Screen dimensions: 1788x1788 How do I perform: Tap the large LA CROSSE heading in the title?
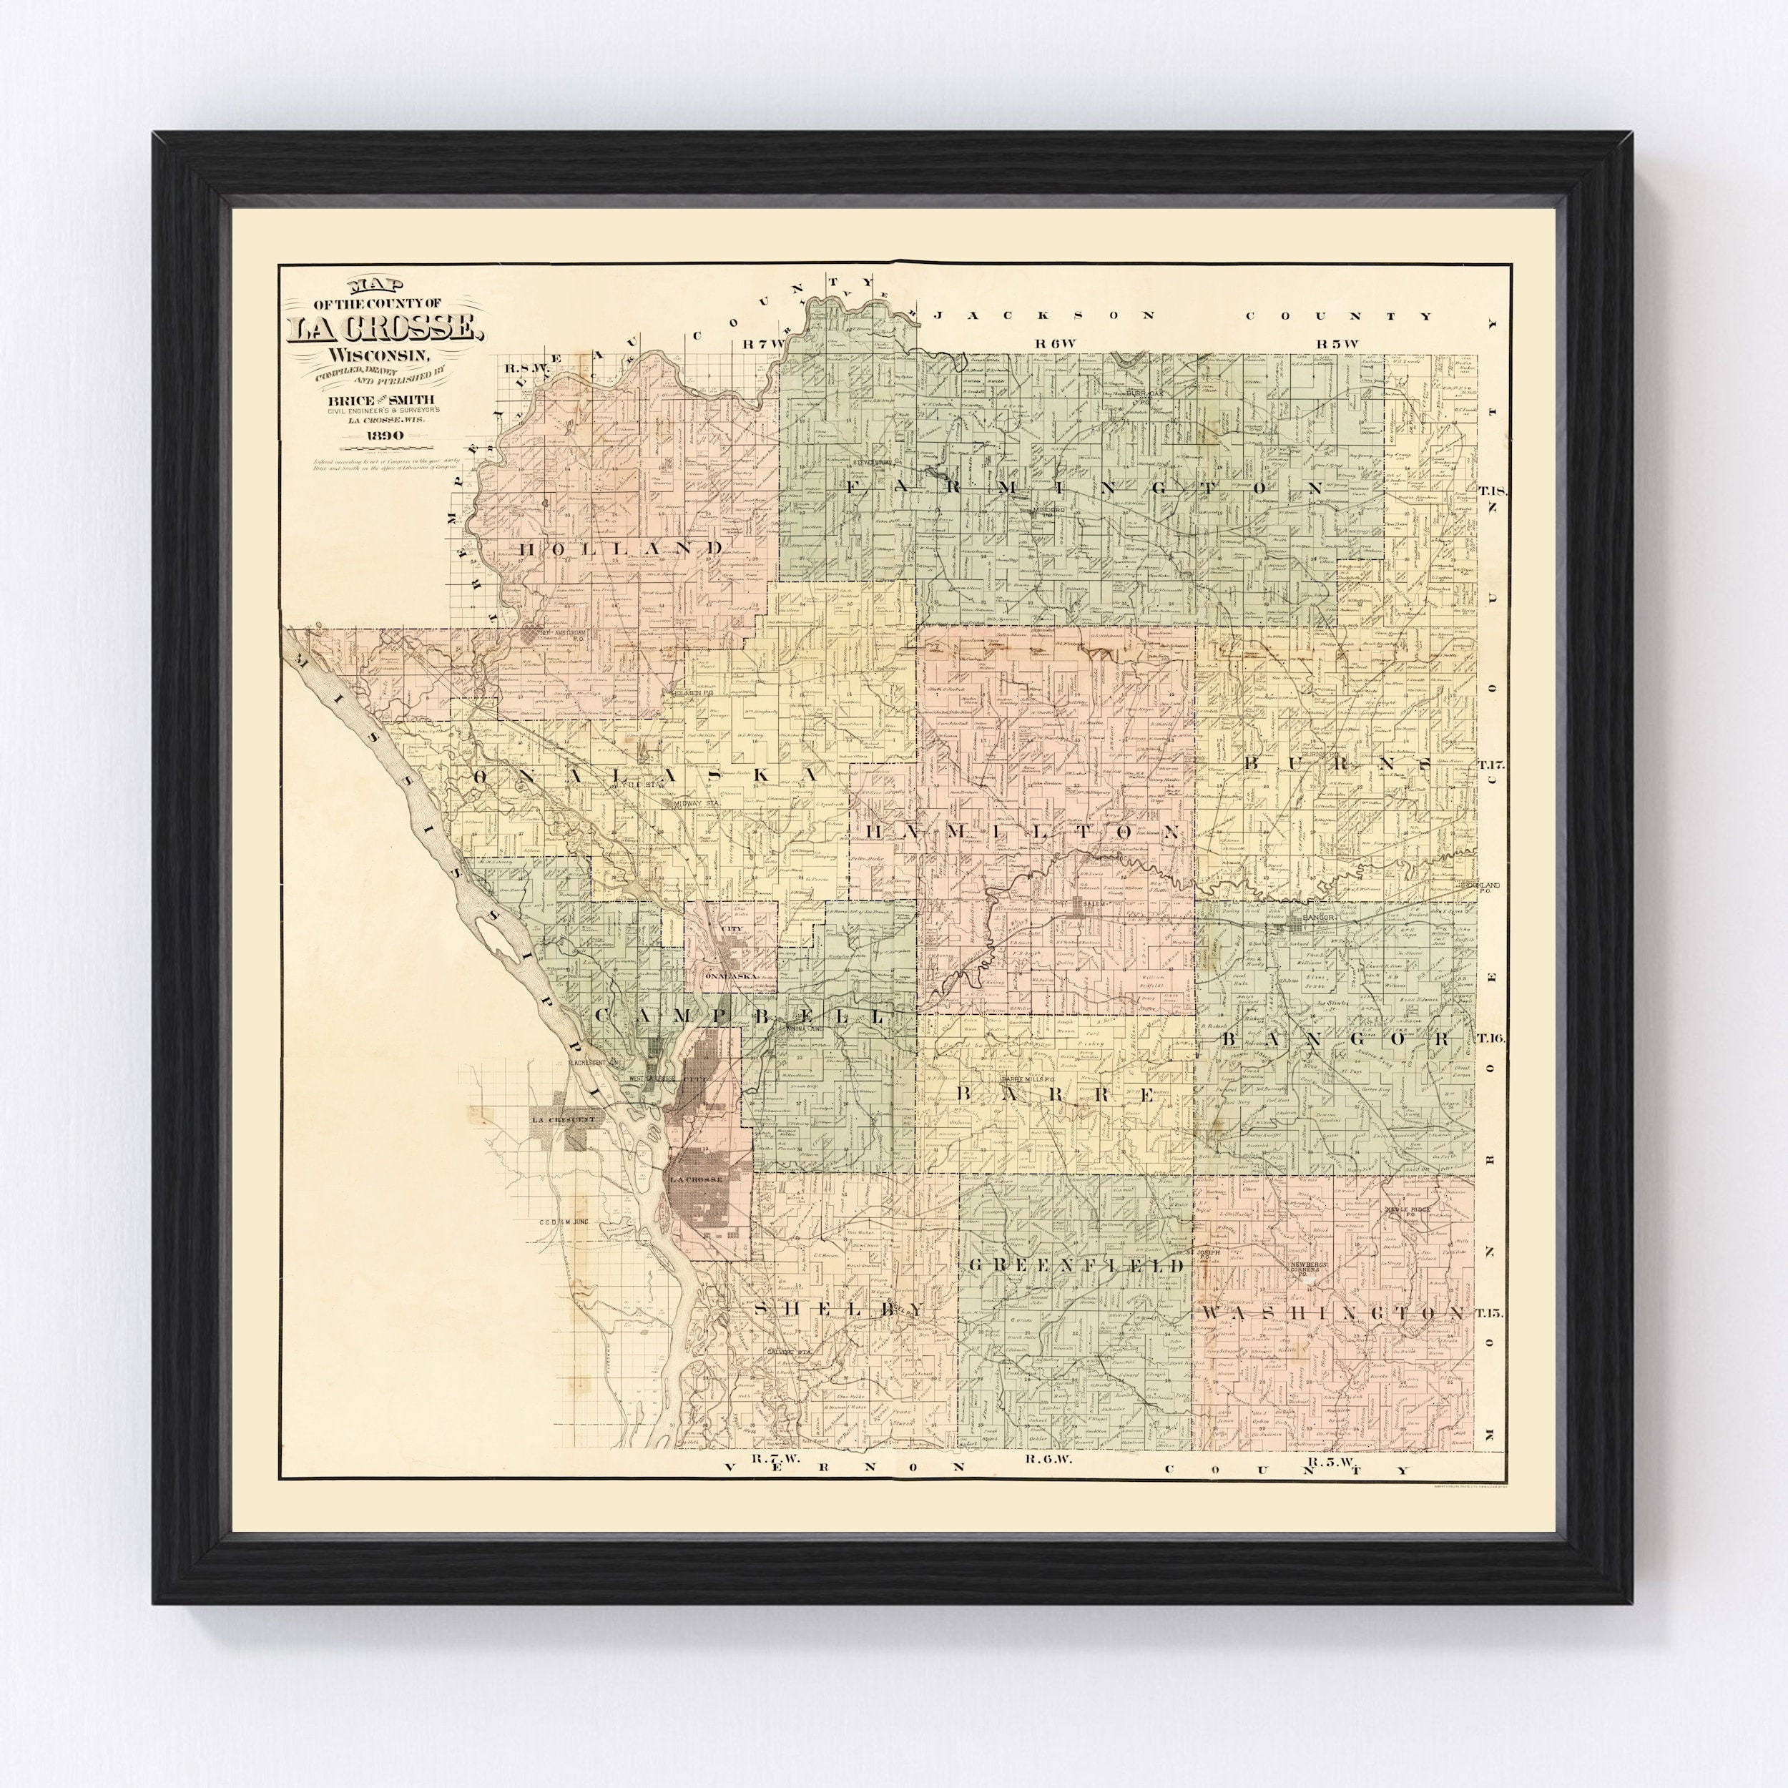383,328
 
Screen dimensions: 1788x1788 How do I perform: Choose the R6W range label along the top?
1056,343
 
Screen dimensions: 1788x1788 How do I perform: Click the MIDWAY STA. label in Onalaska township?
695,804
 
